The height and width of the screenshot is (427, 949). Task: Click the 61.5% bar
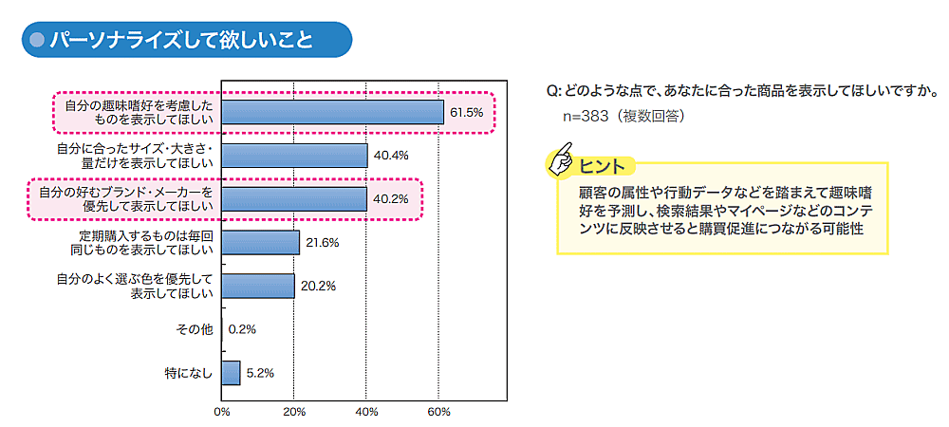332,112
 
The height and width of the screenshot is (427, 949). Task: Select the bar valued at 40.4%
294,156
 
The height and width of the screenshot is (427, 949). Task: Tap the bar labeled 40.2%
294,199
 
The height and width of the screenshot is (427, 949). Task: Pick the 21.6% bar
260,243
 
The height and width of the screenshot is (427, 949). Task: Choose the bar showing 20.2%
257,286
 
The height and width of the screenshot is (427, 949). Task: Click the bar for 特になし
231,373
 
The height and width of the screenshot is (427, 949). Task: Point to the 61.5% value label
467,112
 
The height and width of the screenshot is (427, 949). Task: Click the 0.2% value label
243,329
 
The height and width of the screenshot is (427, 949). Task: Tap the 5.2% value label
260,373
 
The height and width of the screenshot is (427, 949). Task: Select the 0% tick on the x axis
222,412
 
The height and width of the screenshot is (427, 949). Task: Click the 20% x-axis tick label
294,412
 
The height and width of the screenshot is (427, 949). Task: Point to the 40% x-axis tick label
366,412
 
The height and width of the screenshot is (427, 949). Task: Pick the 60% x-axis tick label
438,412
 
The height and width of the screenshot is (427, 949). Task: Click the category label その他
194,329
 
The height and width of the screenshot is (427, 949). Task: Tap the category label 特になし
187,373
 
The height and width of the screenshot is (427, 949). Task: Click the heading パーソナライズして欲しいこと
180,40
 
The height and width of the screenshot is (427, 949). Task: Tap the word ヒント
602,167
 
